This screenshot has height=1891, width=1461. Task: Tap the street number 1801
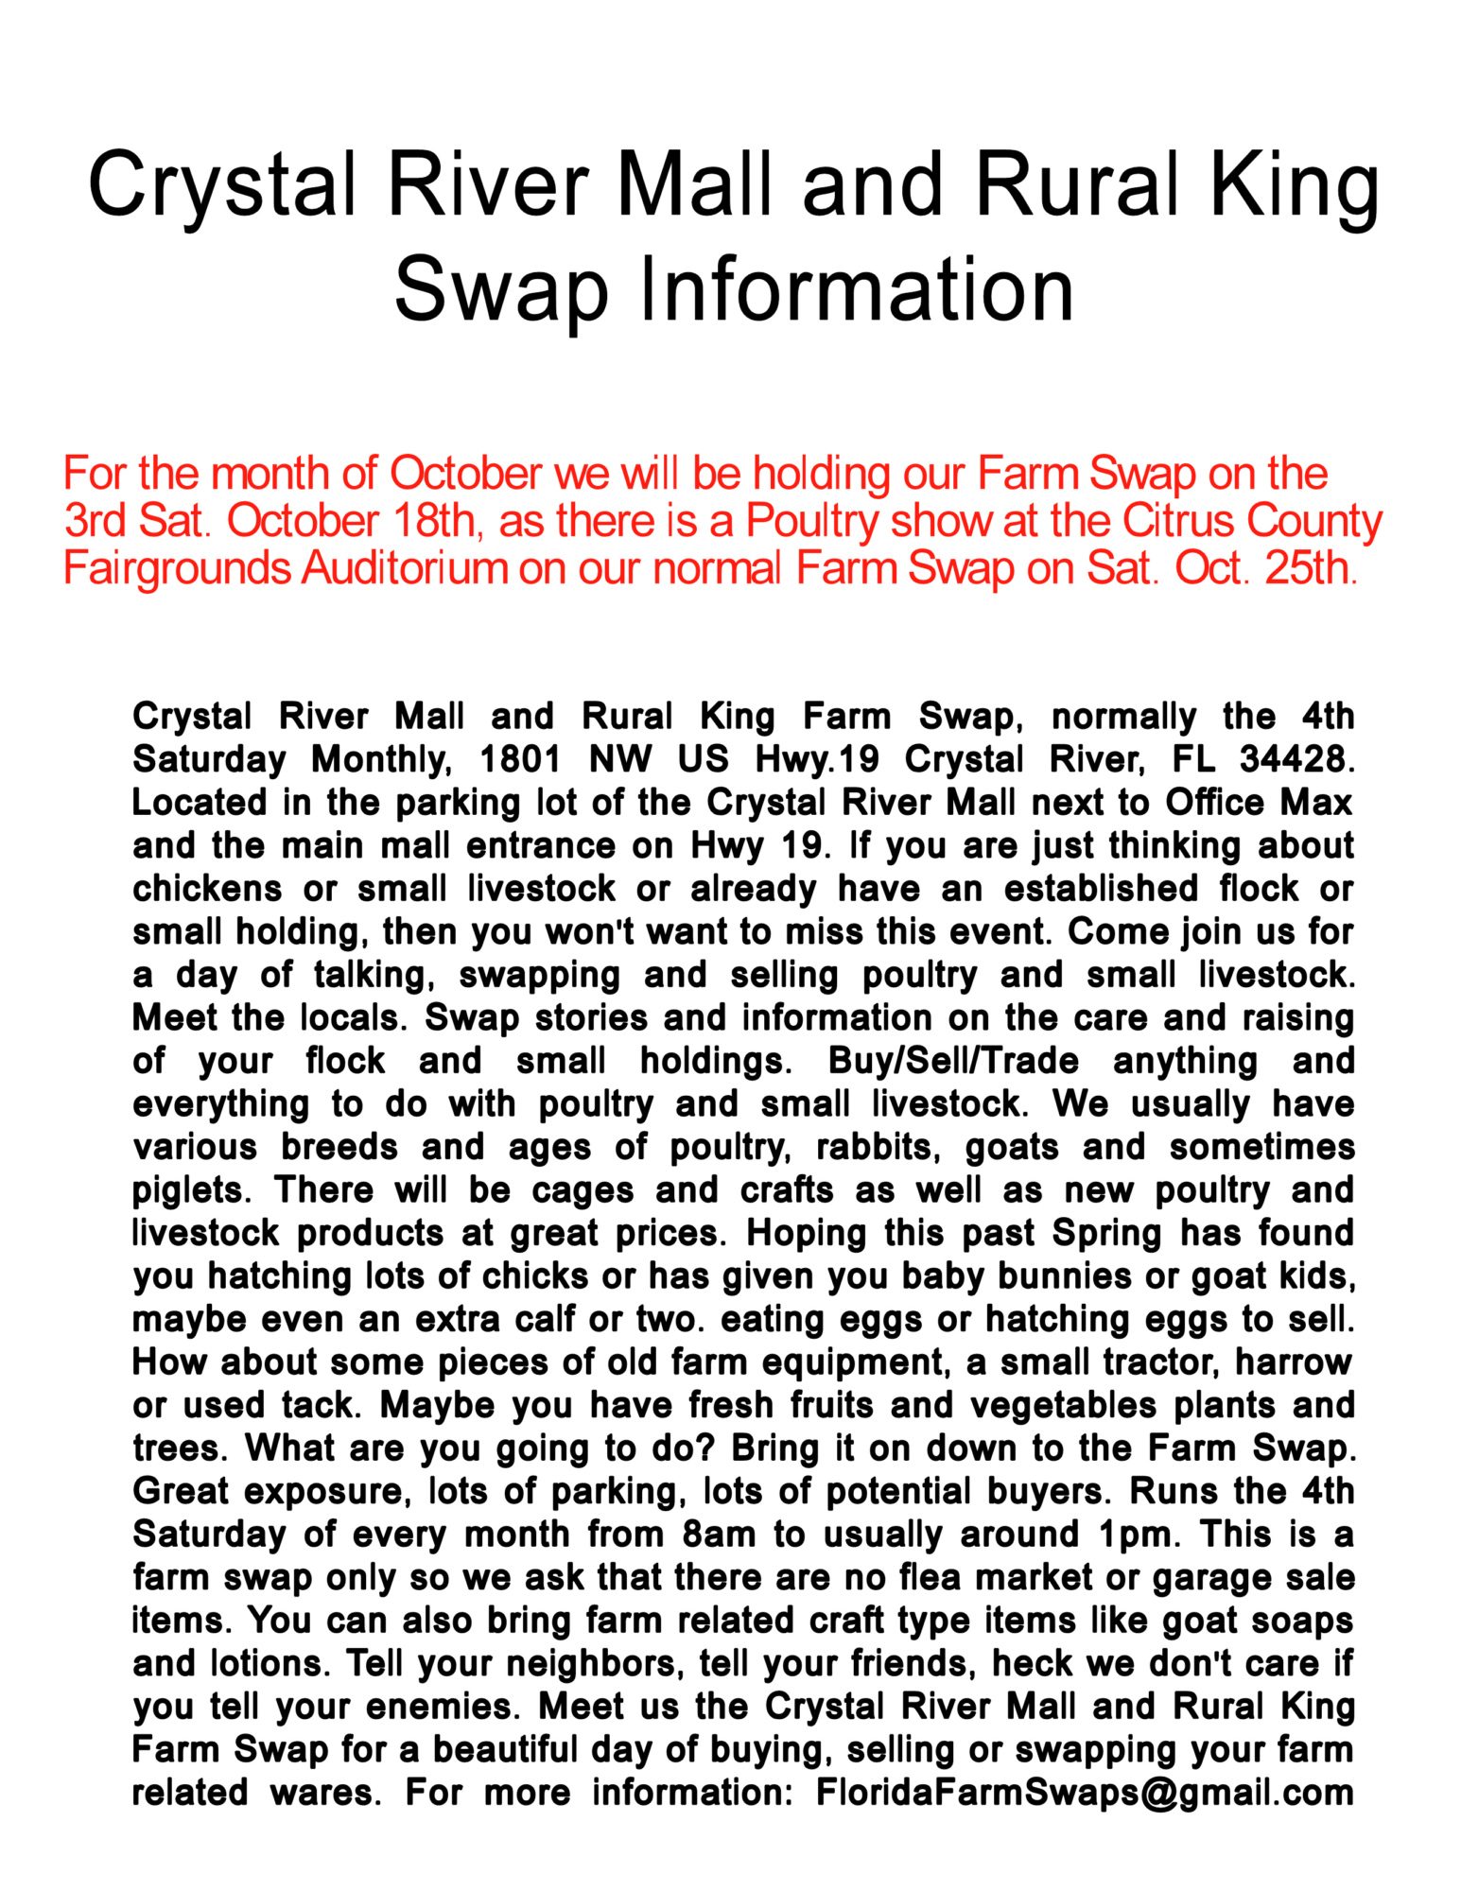[x=520, y=758]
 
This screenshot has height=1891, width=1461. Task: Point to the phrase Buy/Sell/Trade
[x=953, y=1060]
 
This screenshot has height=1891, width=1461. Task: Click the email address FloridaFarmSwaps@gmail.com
[x=1085, y=1792]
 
